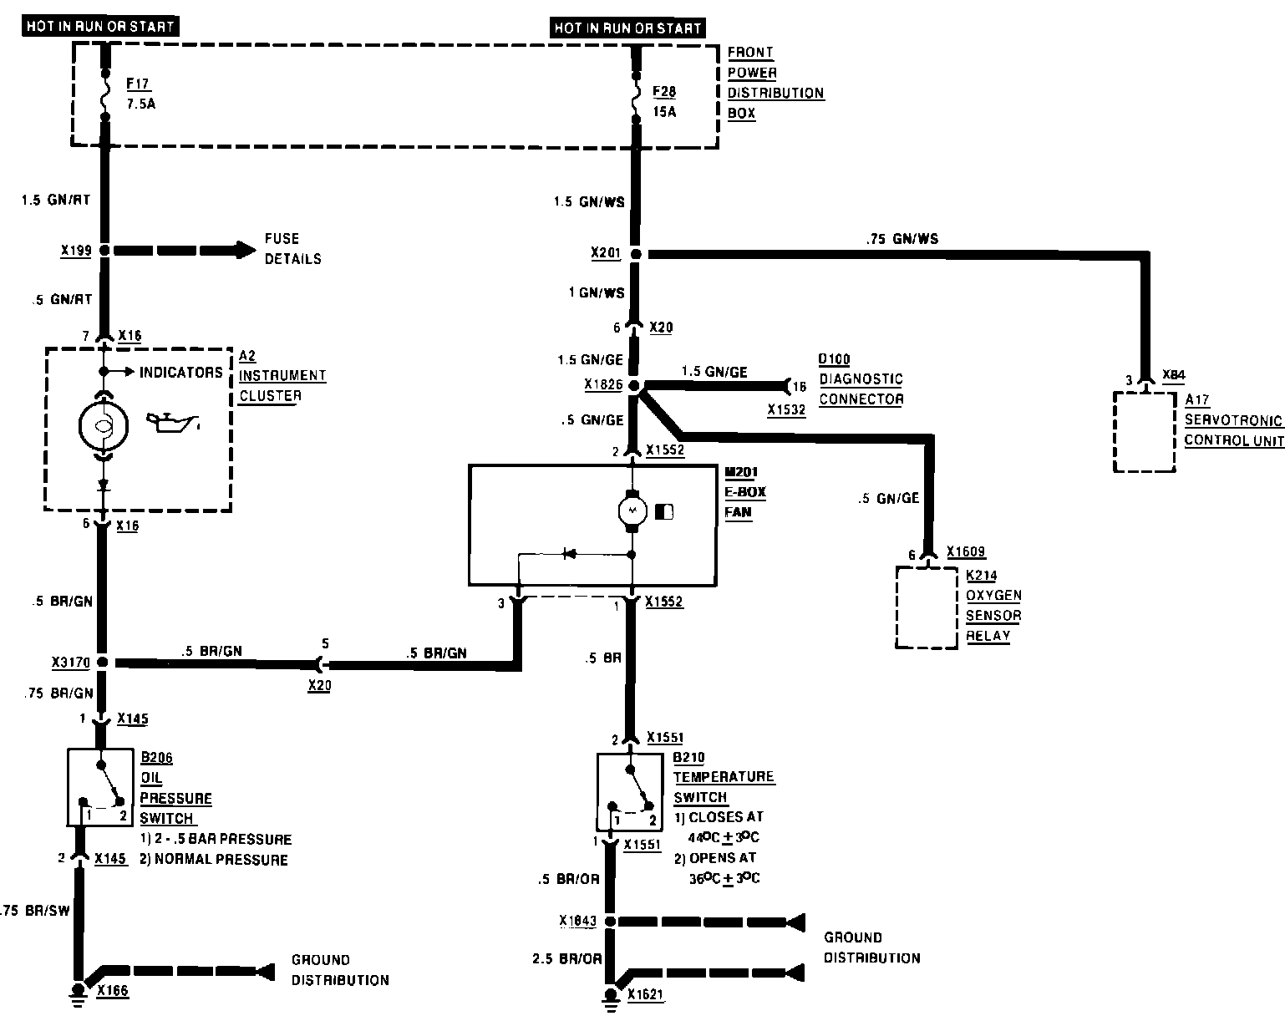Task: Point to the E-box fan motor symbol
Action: pos(632,510)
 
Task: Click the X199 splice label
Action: pos(77,250)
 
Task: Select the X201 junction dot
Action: pos(635,253)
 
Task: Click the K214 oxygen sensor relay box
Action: pos(927,607)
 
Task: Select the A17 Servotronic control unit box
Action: pos(1144,431)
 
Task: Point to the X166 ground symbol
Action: pos(79,989)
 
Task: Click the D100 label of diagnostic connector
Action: pos(834,359)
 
